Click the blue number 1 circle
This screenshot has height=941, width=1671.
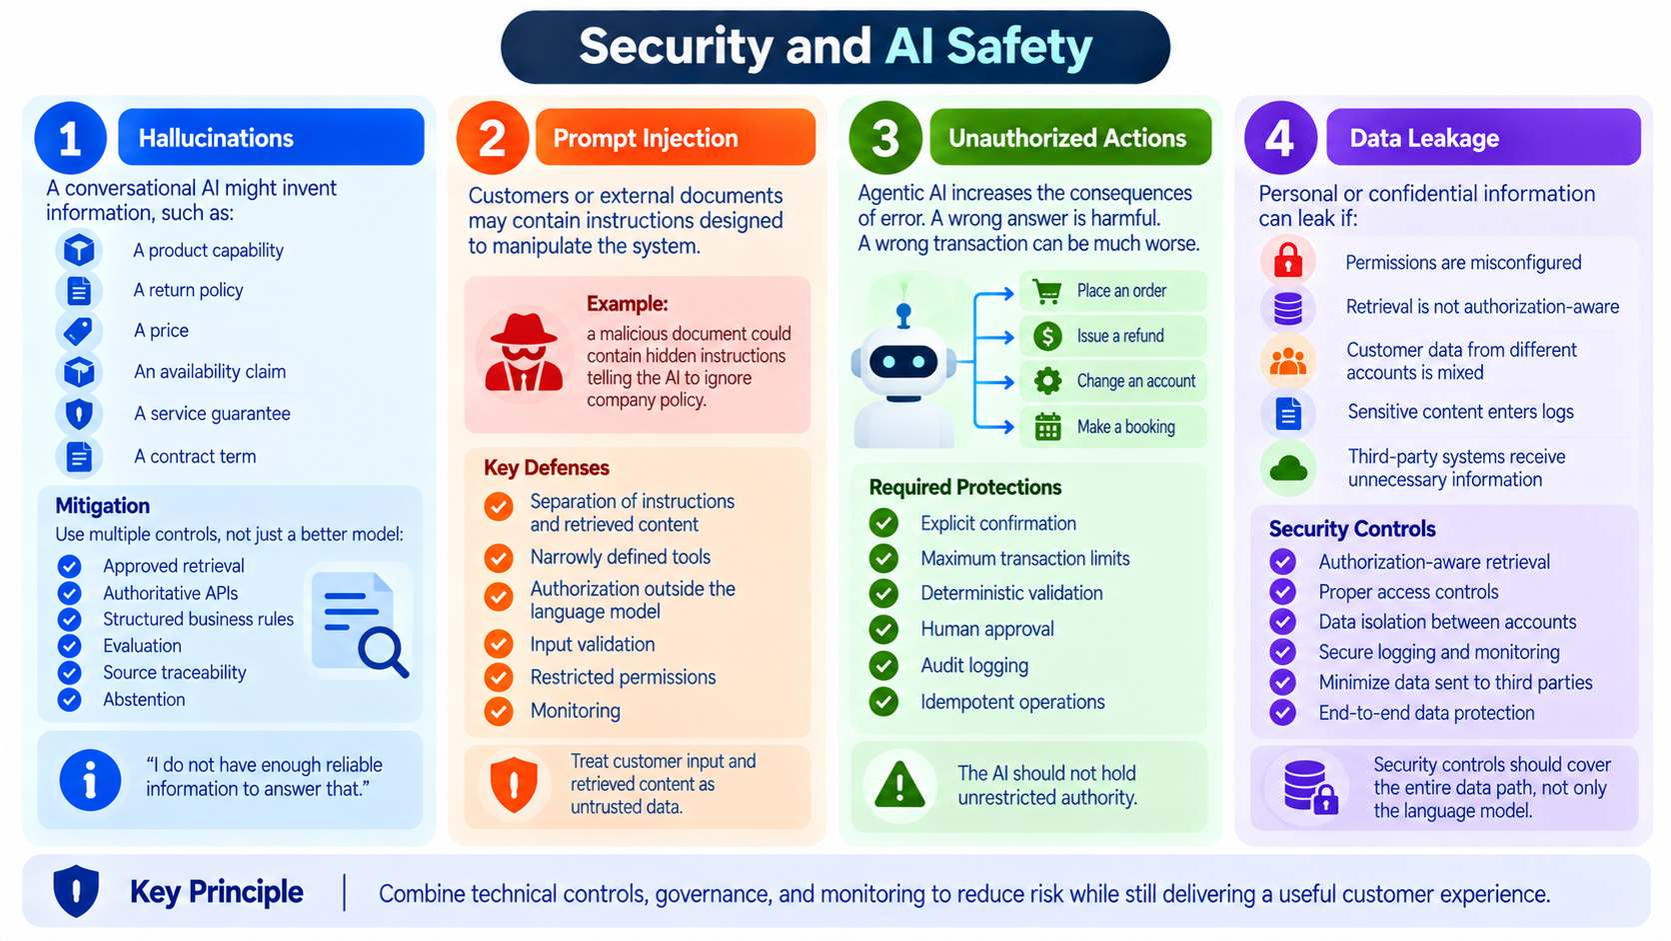71,138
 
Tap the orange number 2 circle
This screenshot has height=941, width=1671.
493,138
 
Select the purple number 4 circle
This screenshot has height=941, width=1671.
1280,138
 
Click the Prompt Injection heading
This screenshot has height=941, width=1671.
646,138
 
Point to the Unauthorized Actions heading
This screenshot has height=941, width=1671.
1066,138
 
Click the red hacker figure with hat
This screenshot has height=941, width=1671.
524,352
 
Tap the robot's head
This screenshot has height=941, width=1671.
904,362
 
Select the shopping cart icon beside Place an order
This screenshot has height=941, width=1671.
1047,291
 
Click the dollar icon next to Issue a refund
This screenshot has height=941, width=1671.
1047,337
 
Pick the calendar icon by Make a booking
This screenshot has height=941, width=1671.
1047,427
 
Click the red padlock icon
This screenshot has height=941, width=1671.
1288,260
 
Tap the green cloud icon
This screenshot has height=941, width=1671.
1288,469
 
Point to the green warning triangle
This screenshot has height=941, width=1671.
899,785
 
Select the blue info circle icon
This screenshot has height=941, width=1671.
90,780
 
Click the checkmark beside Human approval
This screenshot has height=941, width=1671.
884,629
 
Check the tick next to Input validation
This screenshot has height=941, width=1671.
499,644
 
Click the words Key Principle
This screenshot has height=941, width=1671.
216,892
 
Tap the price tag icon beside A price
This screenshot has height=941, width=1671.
78,331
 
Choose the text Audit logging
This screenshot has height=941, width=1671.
974,666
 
